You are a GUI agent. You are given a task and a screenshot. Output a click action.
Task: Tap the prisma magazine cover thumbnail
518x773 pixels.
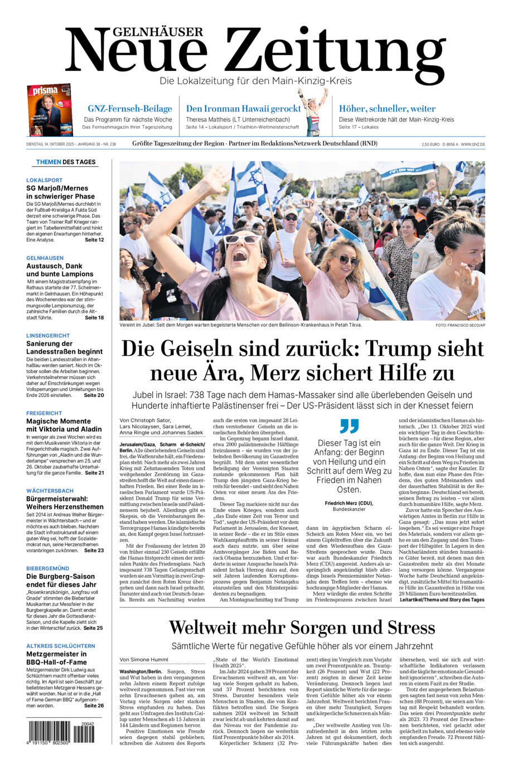(x=49, y=110)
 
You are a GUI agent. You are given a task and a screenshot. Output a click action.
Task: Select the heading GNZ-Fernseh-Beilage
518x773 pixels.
(x=129, y=109)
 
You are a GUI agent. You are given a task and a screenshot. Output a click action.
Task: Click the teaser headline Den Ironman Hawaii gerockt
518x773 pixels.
(x=243, y=109)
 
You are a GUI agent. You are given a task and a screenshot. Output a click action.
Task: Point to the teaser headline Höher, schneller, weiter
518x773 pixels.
(x=387, y=109)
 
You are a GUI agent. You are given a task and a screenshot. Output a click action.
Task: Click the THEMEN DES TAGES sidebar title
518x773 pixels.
(x=66, y=162)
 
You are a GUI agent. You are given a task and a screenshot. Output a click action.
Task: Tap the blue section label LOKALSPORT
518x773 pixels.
(x=45, y=180)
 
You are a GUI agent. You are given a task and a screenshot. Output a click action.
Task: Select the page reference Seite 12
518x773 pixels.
(x=94, y=240)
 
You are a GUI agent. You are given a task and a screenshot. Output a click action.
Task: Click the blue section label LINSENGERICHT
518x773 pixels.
(x=48, y=336)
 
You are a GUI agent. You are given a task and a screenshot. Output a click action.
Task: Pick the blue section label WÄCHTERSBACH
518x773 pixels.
(x=50, y=491)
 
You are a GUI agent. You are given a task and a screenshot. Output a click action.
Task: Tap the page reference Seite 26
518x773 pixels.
(x=94, y=706)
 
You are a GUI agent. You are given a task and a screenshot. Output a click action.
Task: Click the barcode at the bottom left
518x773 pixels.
(x=60, y=733)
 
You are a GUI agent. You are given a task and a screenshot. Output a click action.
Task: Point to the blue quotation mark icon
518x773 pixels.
(x=349, y=426)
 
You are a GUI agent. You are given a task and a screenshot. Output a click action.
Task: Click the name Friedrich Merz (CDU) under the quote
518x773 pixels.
(x=349, y=503)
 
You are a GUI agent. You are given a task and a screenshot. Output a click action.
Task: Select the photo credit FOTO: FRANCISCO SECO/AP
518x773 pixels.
(x=460, y=325)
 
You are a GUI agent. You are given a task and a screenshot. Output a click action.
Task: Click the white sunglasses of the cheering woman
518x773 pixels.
(x=244, y=240)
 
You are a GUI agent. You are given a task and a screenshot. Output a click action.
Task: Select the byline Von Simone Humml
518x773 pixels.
(x=144, y=659)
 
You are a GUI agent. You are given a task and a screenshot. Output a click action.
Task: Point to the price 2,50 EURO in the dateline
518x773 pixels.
(x=431, y=144)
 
